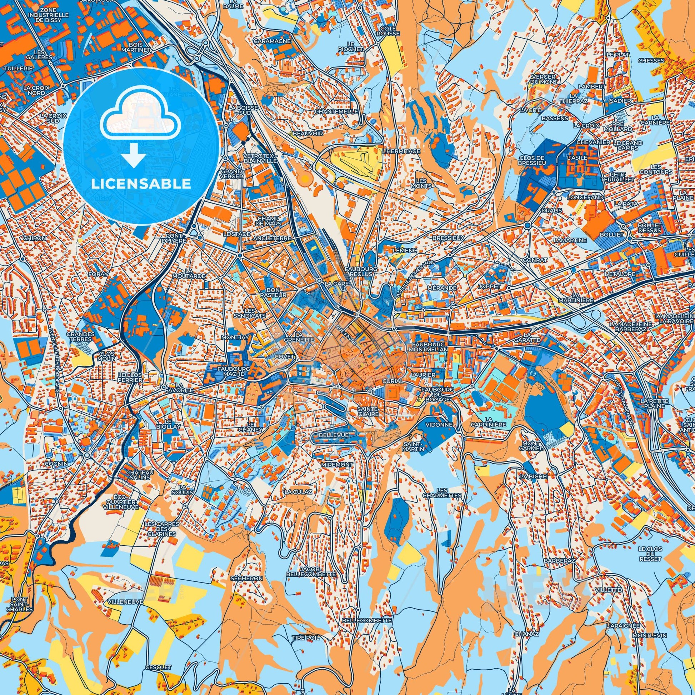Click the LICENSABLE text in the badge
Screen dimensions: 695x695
click(141, 184)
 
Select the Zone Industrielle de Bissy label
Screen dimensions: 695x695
click(49, 15)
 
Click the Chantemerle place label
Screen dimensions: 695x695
click(336, 111)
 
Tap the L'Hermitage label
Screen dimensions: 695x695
click(401, 151)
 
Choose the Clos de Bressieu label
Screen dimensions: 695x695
click(532, 160)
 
